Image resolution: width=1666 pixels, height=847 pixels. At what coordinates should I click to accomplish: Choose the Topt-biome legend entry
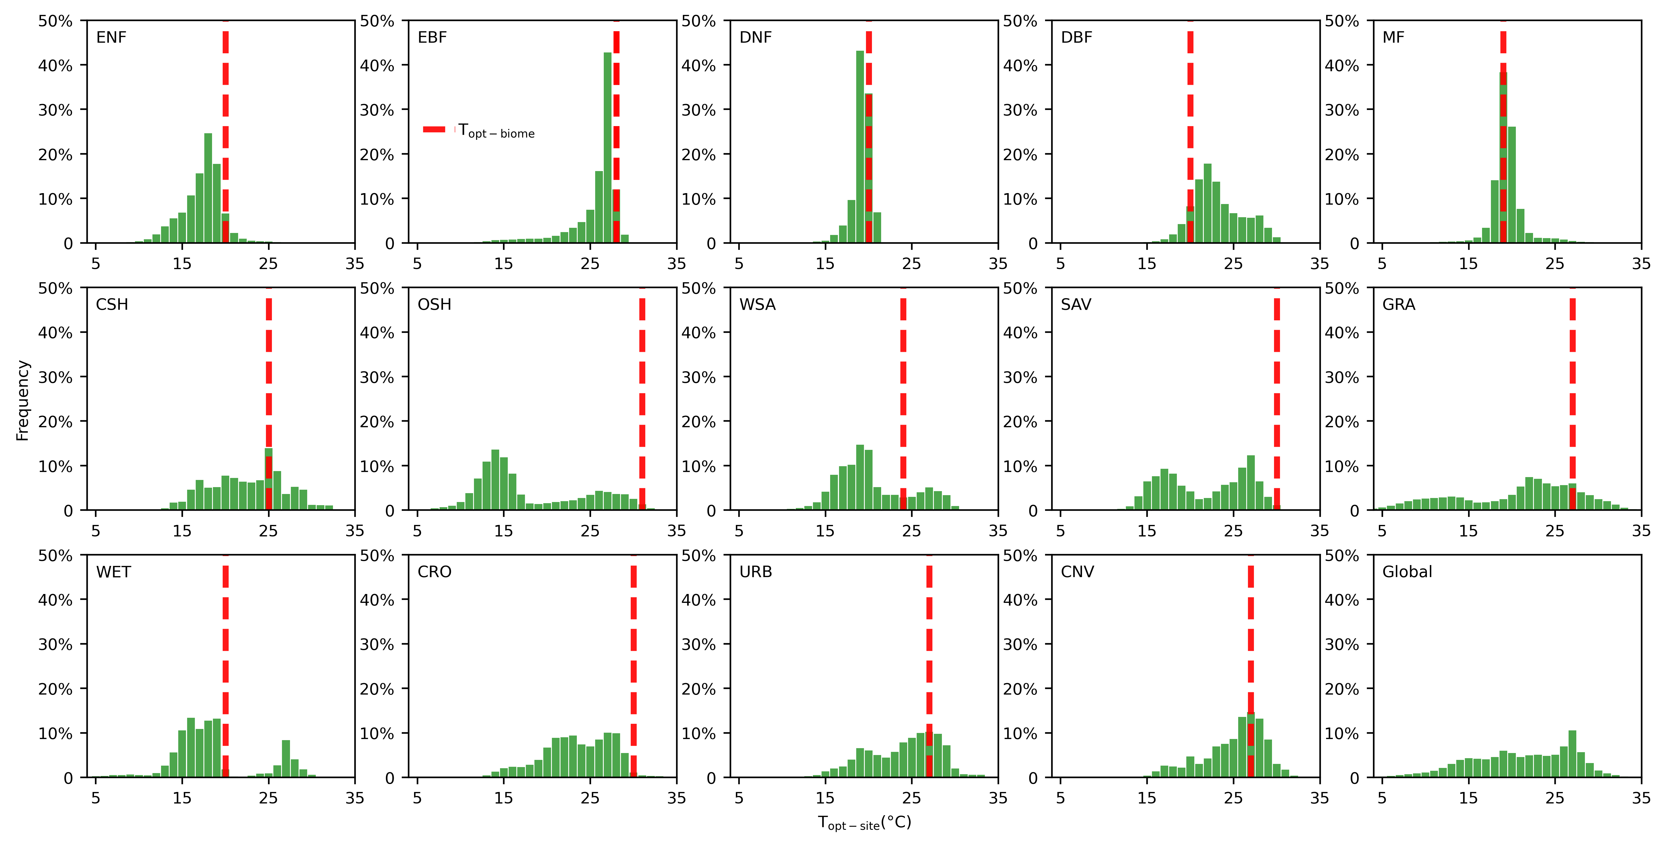point(479,131)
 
